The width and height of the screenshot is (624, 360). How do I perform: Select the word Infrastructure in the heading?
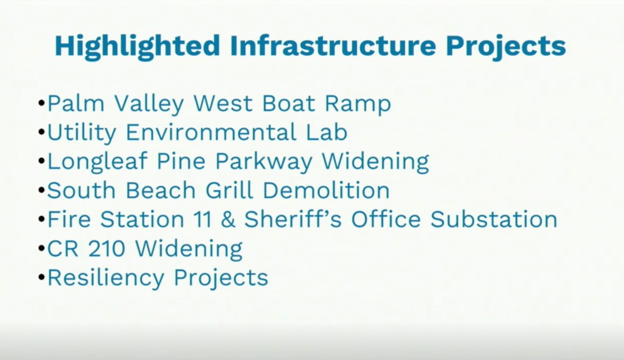(x=333, y=45)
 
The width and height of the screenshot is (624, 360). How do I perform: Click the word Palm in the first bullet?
(x=76, y=104)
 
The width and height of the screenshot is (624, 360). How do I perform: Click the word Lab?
(x=327, y=132)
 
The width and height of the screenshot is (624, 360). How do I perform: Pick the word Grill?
(x=229, y=190)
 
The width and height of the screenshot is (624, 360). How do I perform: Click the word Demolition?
(x=326, y=190)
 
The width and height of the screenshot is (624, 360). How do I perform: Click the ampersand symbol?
(x=228, y=219)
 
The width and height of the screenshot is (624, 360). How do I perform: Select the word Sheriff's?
(x=293, y=219)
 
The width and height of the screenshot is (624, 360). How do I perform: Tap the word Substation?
(x=494, y=219)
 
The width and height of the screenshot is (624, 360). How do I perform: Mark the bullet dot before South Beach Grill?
(x=41, y=191)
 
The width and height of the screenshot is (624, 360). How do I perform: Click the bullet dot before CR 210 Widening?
(x=41, y=249)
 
